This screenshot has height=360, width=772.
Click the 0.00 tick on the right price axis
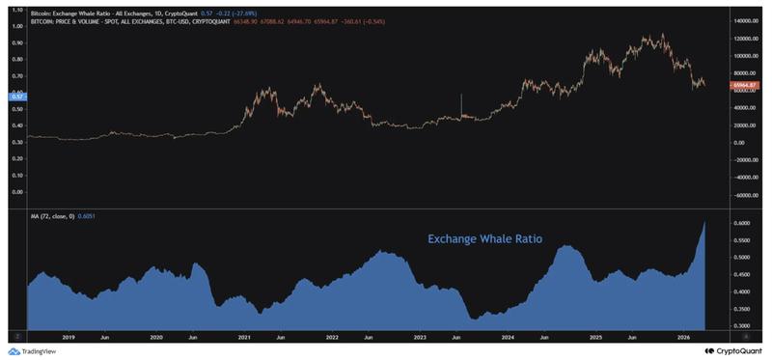pyautogui.click(x=735, y=143)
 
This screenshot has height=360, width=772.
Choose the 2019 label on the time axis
pyautogui.click(x=69, y=338)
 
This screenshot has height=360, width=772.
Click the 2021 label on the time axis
pyautogui.click(x=244, y=338)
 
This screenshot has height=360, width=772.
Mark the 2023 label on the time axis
pyautogui.click(x=420, y=338)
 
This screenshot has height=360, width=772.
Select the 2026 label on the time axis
pyautogui.click(x=683, y=338)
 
